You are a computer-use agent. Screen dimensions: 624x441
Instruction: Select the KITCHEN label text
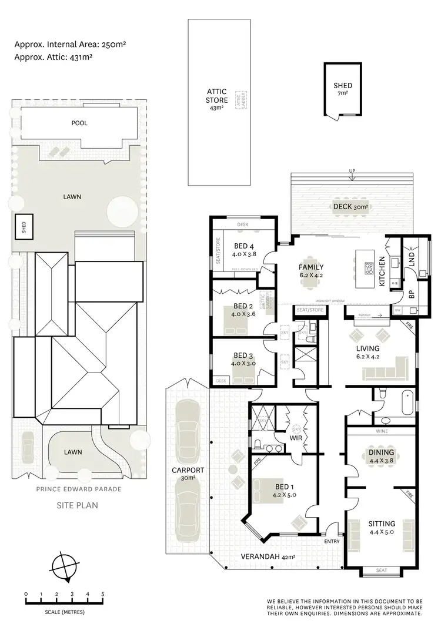(x=382, y=271)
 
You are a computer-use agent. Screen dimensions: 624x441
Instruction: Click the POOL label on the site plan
(x=79, y=123)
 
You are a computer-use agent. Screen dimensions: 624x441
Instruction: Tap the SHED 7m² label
(x=343, y=89)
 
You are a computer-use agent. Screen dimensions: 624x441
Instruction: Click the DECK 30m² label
(x=350, y=207)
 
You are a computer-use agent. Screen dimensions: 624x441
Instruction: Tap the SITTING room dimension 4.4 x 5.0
(x=382, y=534)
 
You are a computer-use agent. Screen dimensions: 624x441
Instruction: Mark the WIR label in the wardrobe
(x=296, y=438)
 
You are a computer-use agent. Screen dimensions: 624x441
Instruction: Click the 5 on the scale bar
(x=103, y=594)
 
